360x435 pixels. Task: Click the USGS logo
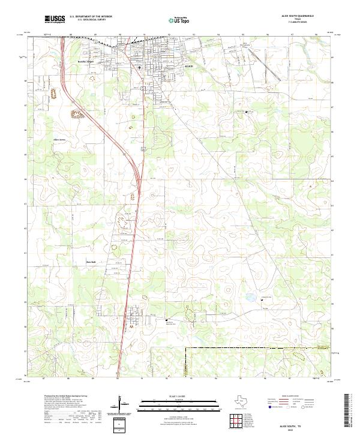coord(55,19)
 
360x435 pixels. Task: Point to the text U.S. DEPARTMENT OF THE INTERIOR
coord(91,17)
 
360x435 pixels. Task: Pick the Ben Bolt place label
coord(91,262)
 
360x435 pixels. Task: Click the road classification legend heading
coord(292,397)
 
